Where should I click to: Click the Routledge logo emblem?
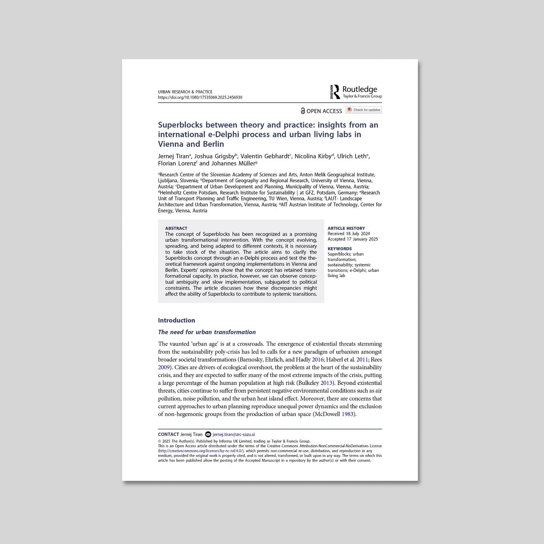[x=335, y=92]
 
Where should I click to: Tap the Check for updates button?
[x=364, y=110]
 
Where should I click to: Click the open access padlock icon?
[x=303, y=111]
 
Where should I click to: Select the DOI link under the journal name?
[x=200, y=97]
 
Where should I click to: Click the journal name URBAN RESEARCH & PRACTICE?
[x=185, y=92]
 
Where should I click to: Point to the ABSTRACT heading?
[x=176, y=228]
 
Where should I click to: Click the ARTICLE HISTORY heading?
[x=346, y=228]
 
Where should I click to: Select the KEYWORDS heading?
[x=340, y=249]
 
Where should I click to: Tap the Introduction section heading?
[x=176, y=320]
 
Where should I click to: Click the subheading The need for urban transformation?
[x=207, y=332]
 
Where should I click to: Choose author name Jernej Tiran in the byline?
[x=173, y=156]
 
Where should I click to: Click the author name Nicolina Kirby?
[x=313, y=156]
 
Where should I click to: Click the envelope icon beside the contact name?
[x=208, y=434]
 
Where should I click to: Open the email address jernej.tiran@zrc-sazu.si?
[x=234, y=434]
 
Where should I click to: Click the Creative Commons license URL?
[x=201, y=451]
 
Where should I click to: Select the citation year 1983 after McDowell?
[x=347, y=414]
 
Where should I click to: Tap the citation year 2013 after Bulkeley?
[x=326, y=383]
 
